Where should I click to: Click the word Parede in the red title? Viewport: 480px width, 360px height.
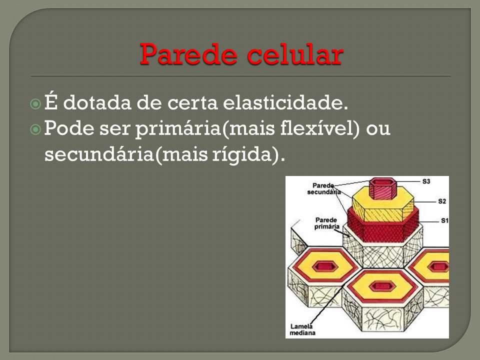click(x=188, y=54)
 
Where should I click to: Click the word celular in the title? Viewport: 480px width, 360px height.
click(x=295, y=54)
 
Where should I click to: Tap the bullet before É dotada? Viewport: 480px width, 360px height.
click(x=35, y=104)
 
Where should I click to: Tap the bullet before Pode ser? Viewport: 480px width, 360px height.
click(x=35, y=129)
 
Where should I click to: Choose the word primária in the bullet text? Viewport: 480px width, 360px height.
click(x=178, y=129)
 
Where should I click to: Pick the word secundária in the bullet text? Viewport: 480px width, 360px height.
click(x=99, y=154)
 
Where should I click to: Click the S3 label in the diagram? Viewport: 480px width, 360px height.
click(x=426, y=181)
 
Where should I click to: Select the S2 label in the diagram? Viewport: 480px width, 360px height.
click(x=441, y=201)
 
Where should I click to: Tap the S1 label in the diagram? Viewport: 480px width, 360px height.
click(x=444, y=220)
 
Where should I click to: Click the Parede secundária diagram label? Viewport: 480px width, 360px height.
click(x=323, y=189)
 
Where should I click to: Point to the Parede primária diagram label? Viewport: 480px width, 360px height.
click(x=326, y=223)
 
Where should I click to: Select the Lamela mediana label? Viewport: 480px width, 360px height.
click(x=302, y=329)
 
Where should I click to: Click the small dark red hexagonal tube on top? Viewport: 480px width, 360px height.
click(x=381, y=188)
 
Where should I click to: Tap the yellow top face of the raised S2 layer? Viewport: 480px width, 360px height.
click(x=383, y=201)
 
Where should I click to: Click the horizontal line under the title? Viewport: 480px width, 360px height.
click(x=241, y=75)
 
